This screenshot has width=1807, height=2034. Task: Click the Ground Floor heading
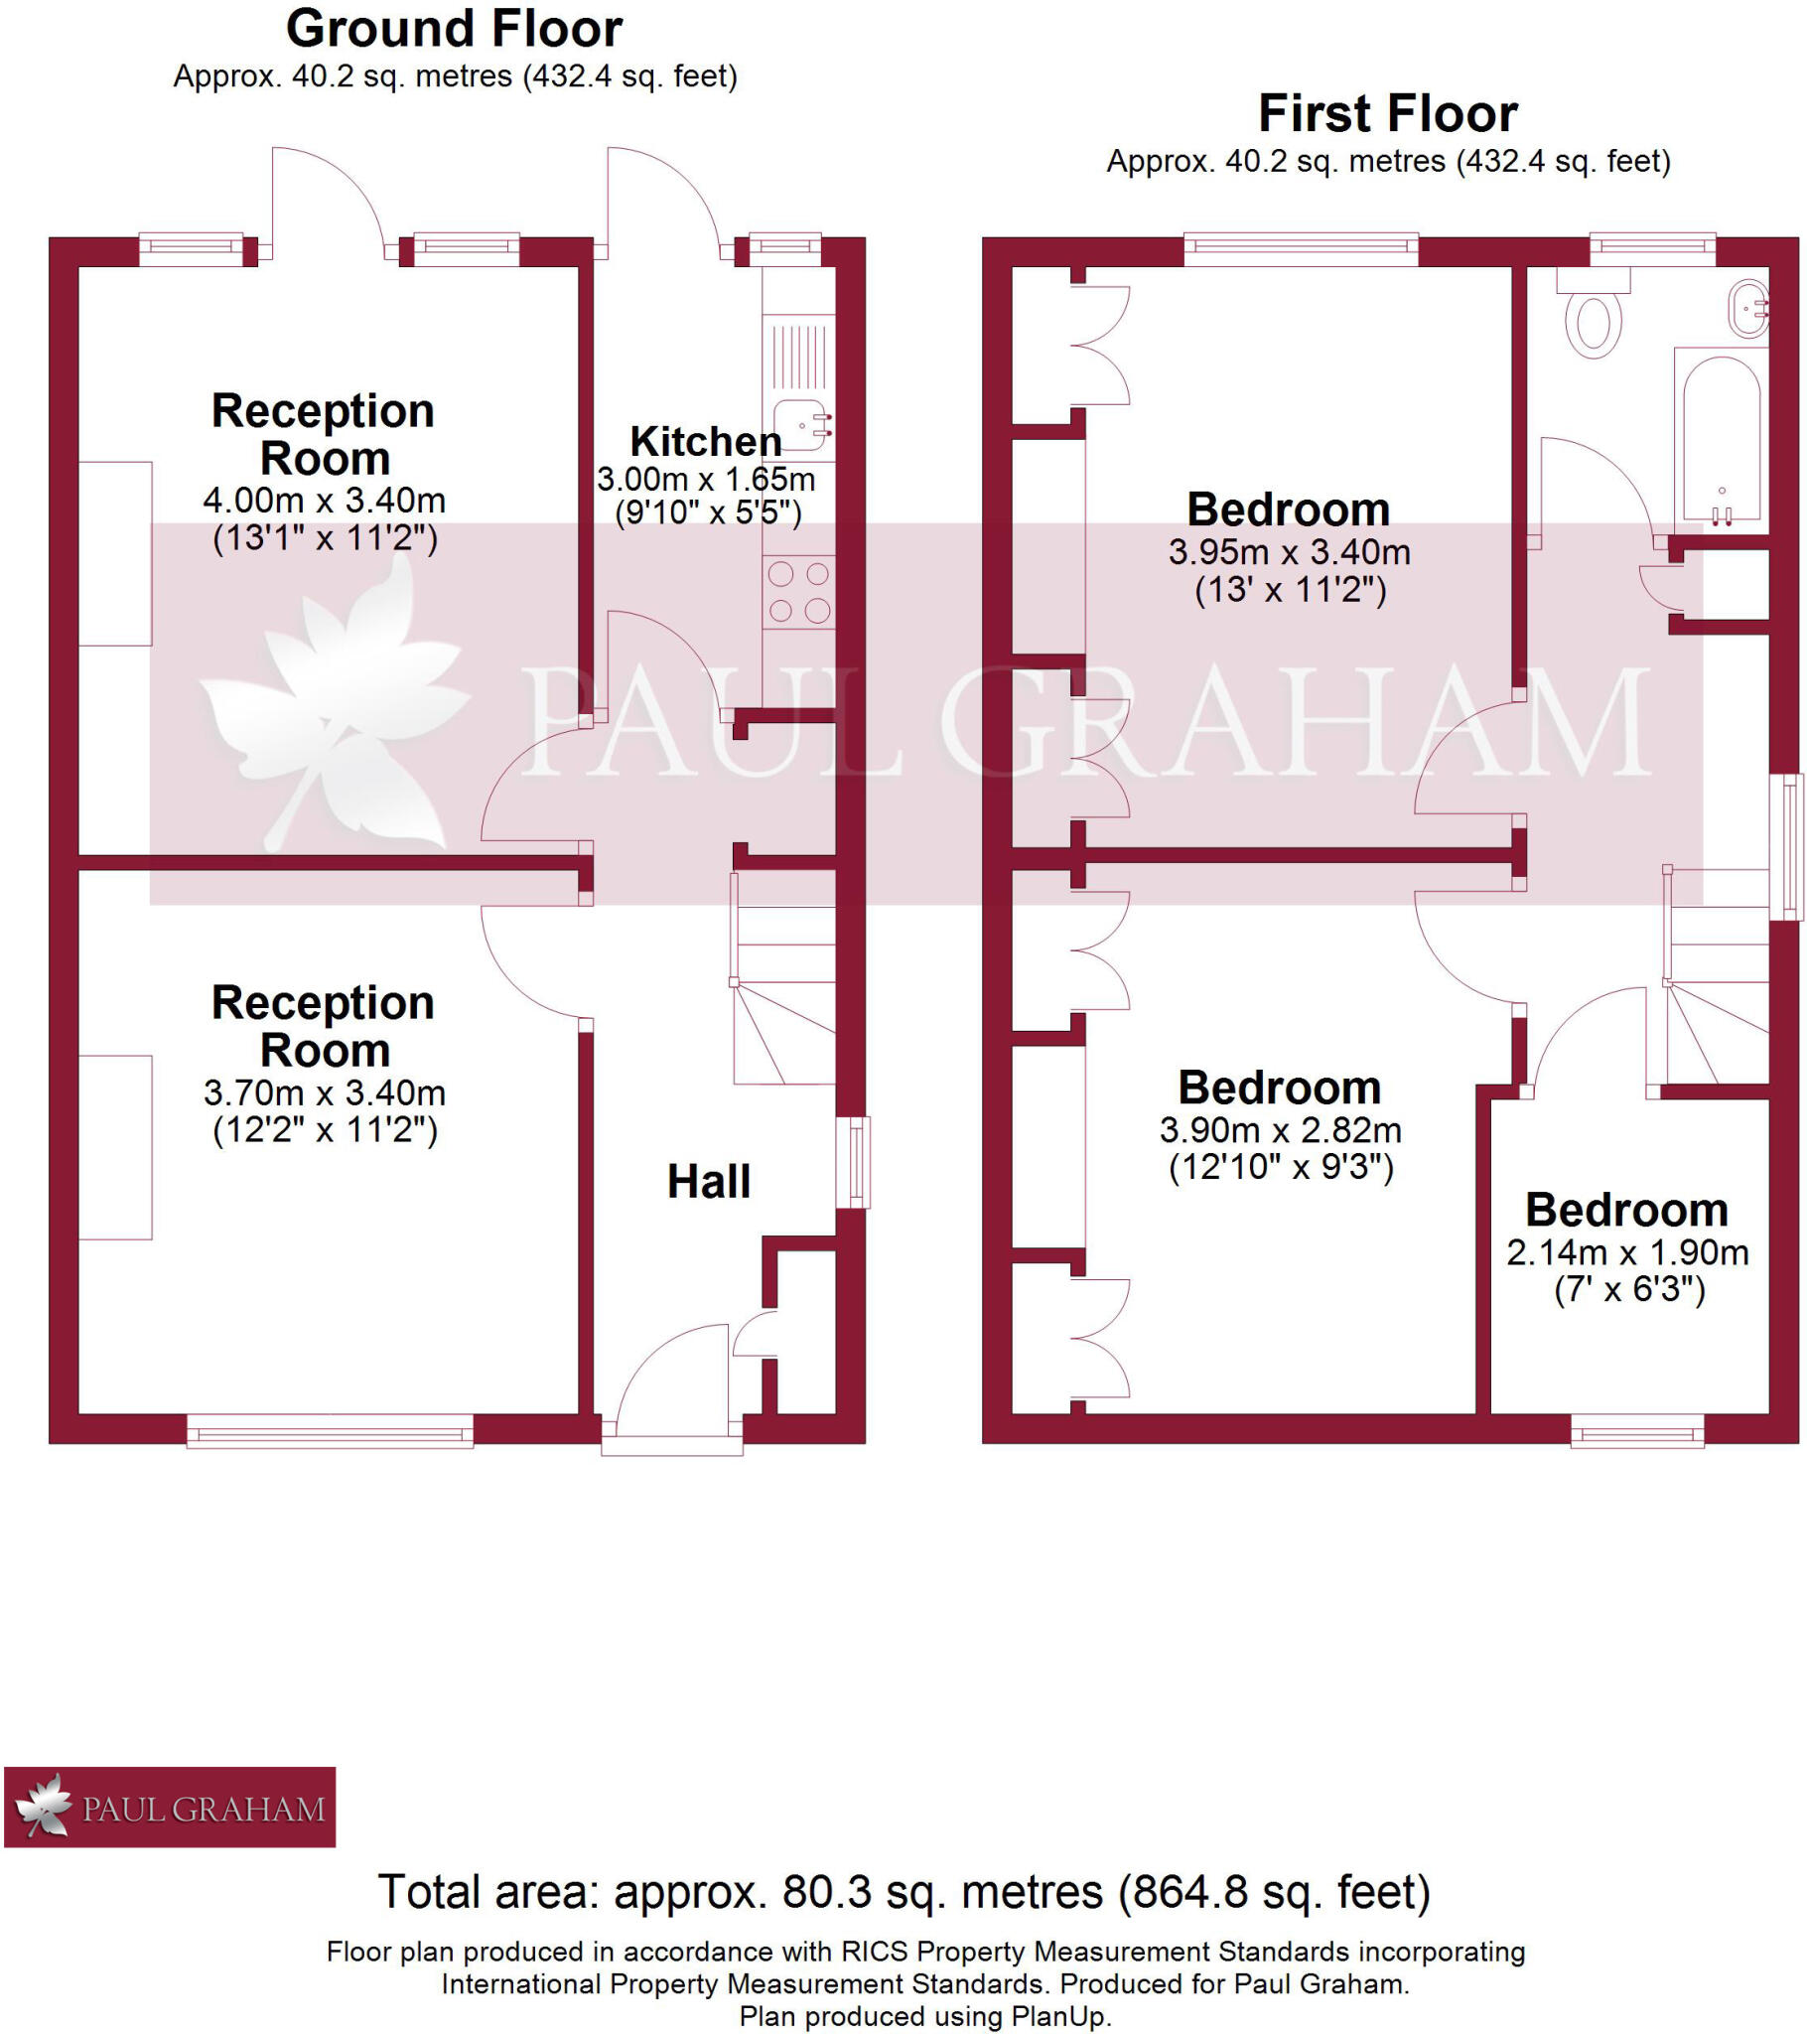(454, 29)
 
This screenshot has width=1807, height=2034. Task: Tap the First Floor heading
(1387, 113)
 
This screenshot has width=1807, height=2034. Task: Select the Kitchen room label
(706, 441)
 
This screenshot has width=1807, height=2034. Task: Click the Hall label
(709, 1181)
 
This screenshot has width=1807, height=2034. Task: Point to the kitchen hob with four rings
(798, 592)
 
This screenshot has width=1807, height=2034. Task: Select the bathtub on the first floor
(1722, 438)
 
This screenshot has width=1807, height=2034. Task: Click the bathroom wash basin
(1748, 309)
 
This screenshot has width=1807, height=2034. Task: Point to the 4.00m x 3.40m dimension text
(325, 501)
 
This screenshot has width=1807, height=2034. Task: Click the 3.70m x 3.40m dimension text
(325, 1092)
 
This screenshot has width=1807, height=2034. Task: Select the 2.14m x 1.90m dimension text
(1627, 1252)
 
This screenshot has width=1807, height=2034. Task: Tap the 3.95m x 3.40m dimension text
(1289, 552)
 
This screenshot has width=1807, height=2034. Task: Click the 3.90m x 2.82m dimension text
(1281, 1130)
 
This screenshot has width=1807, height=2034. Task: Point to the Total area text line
(903, 1892)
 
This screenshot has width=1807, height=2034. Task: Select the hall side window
(853, 1162)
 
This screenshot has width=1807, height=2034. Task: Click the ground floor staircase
(784, 980)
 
